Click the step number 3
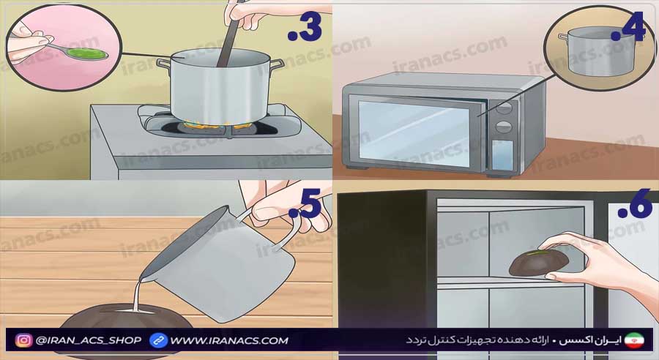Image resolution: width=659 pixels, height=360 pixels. (x=305, y=28)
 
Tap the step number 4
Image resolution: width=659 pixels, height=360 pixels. (x=628, y=27)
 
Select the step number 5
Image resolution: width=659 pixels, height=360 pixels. (x=305, y=203)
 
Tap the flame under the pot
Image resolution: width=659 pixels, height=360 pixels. (x=216, y=125)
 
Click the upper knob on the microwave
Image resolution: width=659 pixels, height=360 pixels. (x=504, y=108)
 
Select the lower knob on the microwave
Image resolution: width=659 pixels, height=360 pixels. (x=504, y=127)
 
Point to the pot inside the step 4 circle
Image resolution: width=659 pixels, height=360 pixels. (x=597, y=51)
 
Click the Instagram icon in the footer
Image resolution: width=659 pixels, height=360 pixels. (x=23, y=340)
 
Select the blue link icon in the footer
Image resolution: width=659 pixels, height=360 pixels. (x=158, y=340)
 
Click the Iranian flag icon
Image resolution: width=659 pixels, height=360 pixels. (x=634, y=340)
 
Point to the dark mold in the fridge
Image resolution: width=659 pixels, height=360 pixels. (x=539, y=263)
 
